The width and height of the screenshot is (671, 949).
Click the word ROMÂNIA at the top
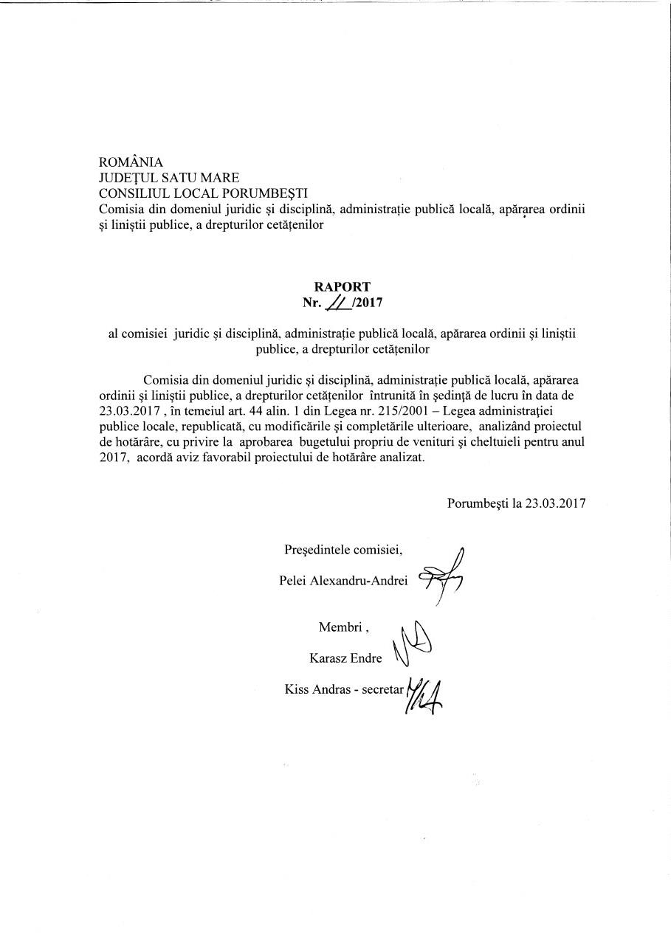[x=131, y=162]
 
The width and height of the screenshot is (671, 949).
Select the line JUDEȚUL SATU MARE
[x=169, y=178]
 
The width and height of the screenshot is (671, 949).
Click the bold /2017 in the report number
[x=368, y=302]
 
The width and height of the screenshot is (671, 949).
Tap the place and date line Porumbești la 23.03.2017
[x=516, y=503]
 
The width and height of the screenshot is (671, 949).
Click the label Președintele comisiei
[x=343, y=550]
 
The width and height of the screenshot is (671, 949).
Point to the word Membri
[x=341, y=627]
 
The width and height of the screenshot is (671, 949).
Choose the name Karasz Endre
[x=345, y=658]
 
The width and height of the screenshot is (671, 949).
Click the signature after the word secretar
[x=425, y=694]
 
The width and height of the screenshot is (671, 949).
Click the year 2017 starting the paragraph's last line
[x=113, y=457]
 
